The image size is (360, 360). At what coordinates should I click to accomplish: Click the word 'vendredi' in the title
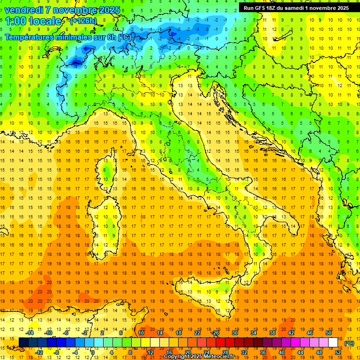tap(23, 10)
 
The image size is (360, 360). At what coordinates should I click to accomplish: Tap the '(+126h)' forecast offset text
tap(83, 21)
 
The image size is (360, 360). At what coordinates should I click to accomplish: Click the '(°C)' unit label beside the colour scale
tap(349, 343)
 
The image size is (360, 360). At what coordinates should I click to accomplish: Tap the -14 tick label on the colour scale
tap(30, 333)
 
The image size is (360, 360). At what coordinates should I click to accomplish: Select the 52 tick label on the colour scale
tap(338, 352)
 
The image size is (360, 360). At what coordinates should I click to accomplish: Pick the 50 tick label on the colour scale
tap(328, 333)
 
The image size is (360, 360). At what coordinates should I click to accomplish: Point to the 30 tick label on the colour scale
tap(234, 333)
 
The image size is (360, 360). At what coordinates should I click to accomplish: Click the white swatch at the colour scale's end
tap(333, 343)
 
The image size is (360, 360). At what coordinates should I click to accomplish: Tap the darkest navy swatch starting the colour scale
tap(23, 343)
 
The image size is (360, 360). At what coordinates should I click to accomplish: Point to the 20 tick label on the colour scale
tap(187, 352)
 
